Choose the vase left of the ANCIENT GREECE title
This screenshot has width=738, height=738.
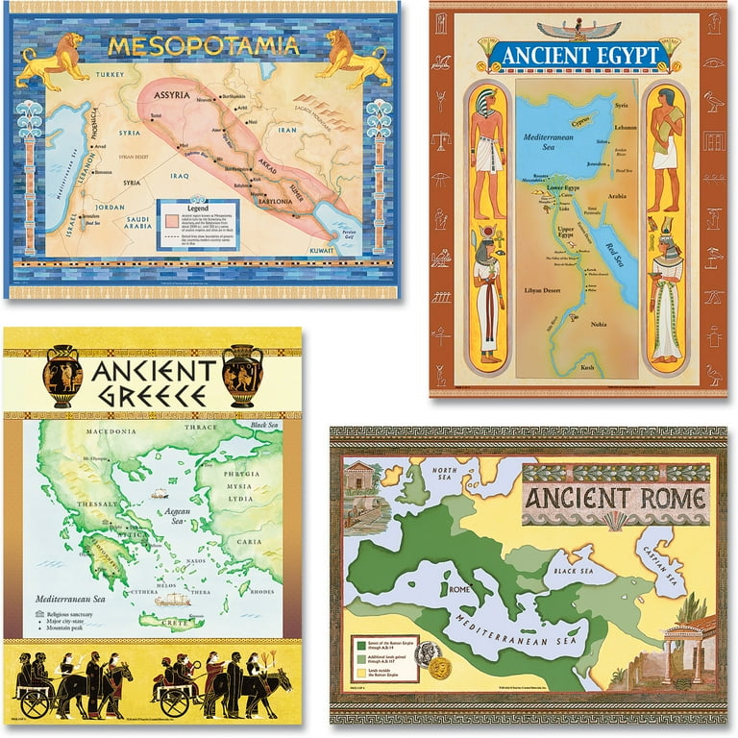click(x=61, y=376)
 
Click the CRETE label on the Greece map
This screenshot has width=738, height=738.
click(x=188, y=623)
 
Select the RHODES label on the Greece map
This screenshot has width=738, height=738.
click(x=261, y=591)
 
